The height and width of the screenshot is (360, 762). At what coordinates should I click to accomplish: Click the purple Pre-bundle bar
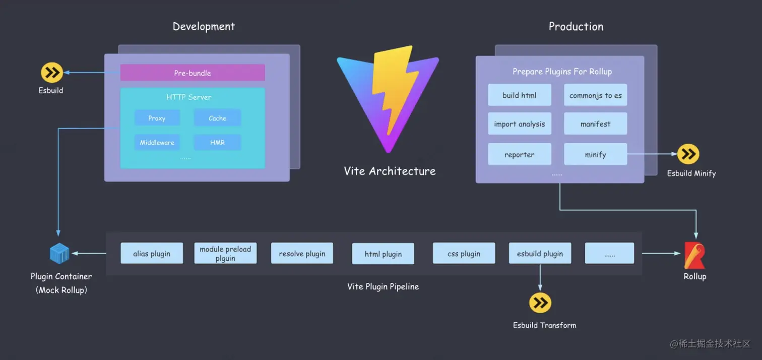[193, 73]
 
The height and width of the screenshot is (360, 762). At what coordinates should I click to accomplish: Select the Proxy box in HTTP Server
[157, 118]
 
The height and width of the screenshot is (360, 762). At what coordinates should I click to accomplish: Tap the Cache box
[217, 118]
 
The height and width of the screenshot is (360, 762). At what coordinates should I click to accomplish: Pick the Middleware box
[157, 142]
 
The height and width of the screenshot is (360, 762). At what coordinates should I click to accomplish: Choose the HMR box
[217, 142]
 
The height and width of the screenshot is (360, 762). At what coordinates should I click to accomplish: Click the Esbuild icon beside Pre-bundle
[51, 73]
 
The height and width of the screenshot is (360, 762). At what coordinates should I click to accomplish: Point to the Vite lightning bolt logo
[388, 98]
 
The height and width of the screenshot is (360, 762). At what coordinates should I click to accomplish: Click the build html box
[519, 95]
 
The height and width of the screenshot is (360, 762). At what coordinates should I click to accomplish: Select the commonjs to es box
[595, 95]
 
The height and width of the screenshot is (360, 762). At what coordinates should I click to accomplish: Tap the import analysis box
[519, 124]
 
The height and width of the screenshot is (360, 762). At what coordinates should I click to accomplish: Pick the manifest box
[595, 124]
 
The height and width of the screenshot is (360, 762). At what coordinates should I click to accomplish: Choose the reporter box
[519, 154]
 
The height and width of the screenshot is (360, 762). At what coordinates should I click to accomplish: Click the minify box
[595, 154]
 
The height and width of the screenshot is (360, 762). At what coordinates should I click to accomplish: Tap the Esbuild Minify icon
[688, 154]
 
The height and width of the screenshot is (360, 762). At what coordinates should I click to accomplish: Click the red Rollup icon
[694, 255]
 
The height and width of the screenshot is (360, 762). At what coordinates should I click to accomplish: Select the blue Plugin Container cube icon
[59, 253]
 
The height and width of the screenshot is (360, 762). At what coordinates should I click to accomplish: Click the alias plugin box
[152, 253]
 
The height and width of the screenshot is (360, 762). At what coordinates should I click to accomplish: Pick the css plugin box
[464, 253]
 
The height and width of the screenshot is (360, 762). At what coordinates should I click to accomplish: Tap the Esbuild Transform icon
[540, 303]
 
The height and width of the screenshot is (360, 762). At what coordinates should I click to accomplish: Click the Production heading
[576, 27]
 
